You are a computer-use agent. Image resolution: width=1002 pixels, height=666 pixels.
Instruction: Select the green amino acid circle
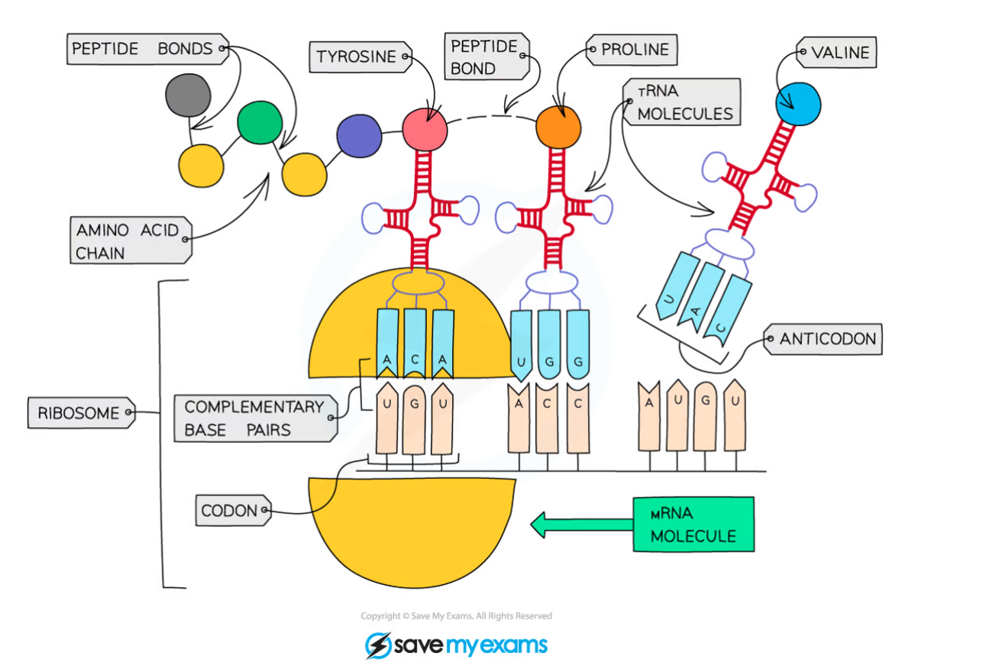pyautogui.click(x=260, y=122)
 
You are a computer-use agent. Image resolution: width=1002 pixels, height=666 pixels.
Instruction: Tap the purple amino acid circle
pyautogui.click(x=358, y=136)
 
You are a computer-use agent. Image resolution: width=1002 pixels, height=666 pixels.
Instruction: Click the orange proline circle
pyautogui.click(x=558, y=124)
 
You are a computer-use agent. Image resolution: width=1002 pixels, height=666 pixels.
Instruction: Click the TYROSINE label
pyautogui.click(x=357, y=57)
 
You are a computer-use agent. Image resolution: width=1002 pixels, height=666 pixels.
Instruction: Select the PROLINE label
pyautogui.click(x=634, y=50)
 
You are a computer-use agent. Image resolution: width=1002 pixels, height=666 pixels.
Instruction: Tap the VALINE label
pyautogui.click(x=839, y=53)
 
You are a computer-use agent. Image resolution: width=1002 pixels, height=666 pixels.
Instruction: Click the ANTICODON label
pyautogui.click(x=827, y=339)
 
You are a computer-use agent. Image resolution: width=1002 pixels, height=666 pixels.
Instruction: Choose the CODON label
pyautogui.click(x=230, y=510)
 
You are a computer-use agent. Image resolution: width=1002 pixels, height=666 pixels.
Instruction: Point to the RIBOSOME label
pyautogui.click(x=79, y=413)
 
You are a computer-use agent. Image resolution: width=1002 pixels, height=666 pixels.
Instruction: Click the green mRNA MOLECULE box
pyautogui.click(x=693, y=524)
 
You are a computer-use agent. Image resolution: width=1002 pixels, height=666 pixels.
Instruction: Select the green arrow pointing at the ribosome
pyautogui.click(x=580, y=524)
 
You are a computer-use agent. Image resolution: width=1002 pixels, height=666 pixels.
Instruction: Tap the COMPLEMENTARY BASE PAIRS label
pyautogui.click(x=254, y=418)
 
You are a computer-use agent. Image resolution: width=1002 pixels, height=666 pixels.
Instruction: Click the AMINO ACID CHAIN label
pyautogui.click(x=127, y=241)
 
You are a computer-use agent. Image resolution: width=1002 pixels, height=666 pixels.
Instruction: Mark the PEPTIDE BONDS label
pyautogui.click(x=143, y=50)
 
